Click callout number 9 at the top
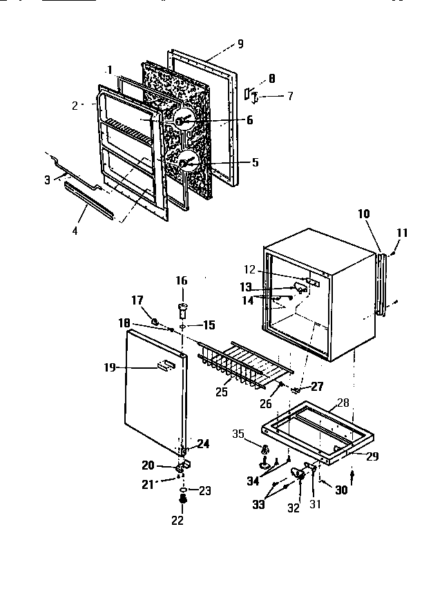240,44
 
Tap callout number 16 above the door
181,280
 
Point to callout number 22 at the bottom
177,520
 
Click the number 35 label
238,434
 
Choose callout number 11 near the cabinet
402,233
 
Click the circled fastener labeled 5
186,162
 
